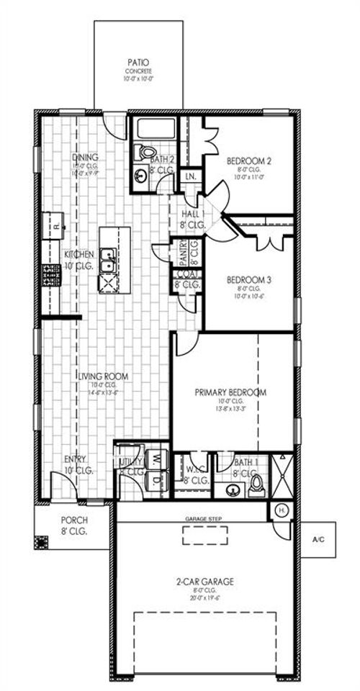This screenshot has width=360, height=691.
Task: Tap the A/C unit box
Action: coord(318,538)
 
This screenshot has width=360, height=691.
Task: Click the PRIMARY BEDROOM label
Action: coord(230,392)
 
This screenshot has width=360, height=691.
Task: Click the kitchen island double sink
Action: coord(109,259)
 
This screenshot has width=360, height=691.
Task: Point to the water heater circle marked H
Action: coord(282,510)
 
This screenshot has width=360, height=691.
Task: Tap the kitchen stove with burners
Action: coord(52,275)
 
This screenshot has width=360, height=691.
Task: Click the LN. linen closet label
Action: coord(191,176)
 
